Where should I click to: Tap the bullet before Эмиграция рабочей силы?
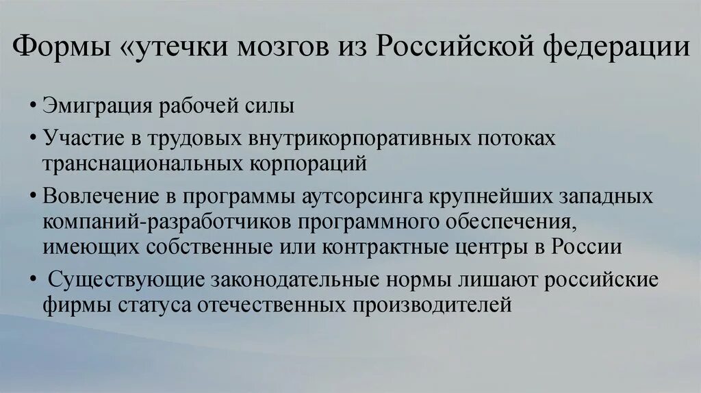coord(34,108)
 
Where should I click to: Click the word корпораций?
coord(305,164)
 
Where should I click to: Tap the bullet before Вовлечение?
coord(34,196)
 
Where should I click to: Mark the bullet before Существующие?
coord(34,279)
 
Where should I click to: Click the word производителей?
coord(433,303)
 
